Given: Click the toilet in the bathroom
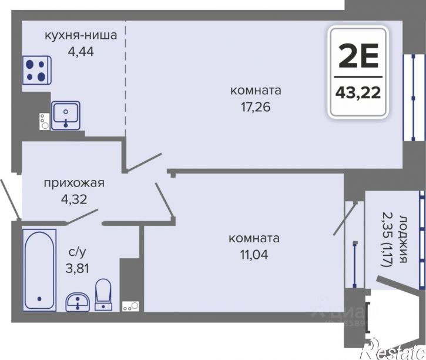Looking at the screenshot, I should [103, 295].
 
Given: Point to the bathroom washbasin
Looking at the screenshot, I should [78, 301].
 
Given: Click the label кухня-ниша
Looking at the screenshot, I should [81, 35].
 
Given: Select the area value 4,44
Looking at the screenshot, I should [81, 51].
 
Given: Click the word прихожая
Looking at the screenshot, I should [74, 183].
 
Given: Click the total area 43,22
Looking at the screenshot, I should [358, 93].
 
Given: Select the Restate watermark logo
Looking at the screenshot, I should [390, 349].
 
